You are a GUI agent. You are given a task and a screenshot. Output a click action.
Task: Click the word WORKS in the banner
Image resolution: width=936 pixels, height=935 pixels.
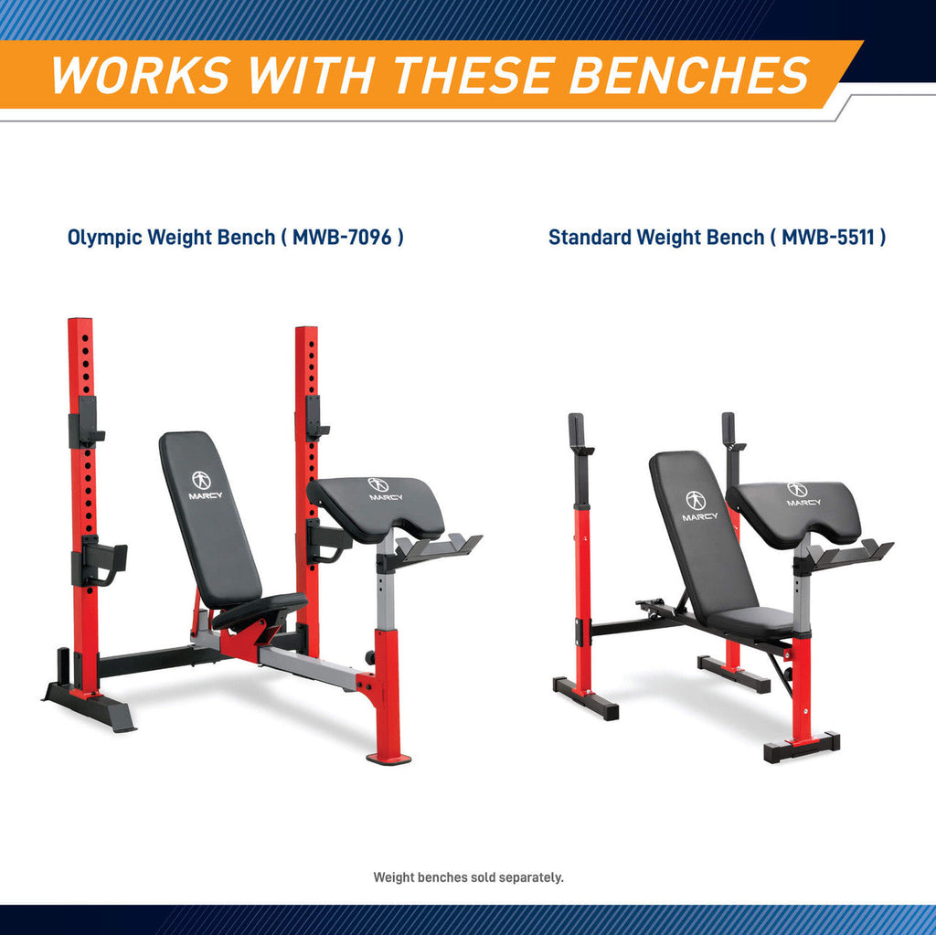pyautogui.click(x=142, y=75)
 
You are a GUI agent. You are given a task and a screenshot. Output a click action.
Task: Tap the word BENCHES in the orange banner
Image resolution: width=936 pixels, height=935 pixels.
pyautogui.click(x=690, y=75)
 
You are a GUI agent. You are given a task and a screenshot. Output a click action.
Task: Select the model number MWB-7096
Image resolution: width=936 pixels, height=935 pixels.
pyautogui.click(x=342, y=237)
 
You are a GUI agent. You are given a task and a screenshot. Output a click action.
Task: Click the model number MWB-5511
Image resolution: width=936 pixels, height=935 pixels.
pyautogui.click(x=827, y=237)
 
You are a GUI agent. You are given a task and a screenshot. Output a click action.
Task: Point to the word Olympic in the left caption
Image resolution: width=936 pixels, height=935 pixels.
pyautogui.click(x=104, y=238)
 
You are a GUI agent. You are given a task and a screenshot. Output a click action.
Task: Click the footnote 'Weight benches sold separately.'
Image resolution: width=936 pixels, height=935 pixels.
pyautogui.click(x=468, y=877)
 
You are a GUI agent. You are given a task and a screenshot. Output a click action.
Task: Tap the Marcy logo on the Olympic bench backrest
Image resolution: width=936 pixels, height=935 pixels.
pyautogui.click(x=205, y=484)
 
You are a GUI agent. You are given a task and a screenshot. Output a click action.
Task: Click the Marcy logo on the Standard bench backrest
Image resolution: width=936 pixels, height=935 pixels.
pyautogui.click(x=697, y=506)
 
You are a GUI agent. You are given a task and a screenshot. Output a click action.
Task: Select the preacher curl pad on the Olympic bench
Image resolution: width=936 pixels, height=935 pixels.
pyautogui.click(x=376, y=507)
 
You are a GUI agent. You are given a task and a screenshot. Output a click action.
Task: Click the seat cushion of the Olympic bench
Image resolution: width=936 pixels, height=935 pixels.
pyautogui.click(x=261, y=611)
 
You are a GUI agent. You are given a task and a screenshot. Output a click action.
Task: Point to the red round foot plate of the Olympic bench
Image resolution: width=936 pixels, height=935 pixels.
pyautogui.click(x=388, y=759)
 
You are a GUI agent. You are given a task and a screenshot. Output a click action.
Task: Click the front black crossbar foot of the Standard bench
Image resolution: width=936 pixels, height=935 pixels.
pyautogui.click(x=802, y=748)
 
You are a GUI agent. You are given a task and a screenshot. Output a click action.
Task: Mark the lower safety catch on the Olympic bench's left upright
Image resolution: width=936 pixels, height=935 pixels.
pyautogui.click(x=99, y=561)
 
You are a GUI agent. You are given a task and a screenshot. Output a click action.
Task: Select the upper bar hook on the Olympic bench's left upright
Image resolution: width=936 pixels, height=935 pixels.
pyautogui.click(x=86, y=423)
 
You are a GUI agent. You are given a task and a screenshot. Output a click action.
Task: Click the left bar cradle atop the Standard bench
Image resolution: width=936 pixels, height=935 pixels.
pyautogui.click(x=579, y=436)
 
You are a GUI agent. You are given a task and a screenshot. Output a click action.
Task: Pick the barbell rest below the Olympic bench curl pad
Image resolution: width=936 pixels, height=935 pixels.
pyautogui.click(x=439, y=547)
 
